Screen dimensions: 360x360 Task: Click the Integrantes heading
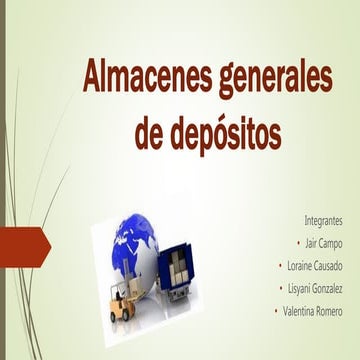pyautogui.click(x=322, y=217)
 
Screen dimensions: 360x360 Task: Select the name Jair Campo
pyautogui.click(x=324, y=242)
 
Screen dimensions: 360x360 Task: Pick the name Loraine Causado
pyautogui.click(x=314, y=265)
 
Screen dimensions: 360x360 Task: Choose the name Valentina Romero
pyautogui.click(x=311, y=311)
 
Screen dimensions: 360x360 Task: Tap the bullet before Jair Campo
pyautogui.click(x=299, y=243)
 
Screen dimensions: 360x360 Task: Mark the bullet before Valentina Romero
pyautogui.click(x=275, y=312)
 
